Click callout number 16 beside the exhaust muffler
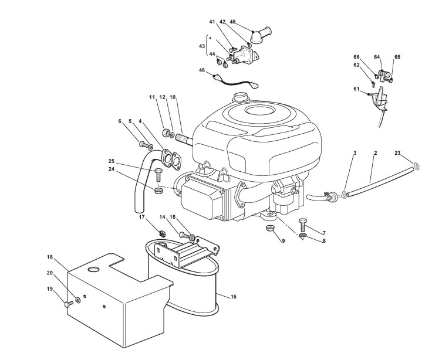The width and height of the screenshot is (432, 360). click(x=233, y=297)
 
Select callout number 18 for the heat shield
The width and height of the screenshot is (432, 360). click(x=50, y=257)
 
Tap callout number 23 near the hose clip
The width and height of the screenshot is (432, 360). click(x=397, y=153)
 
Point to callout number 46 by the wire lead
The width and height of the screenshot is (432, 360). click(x=203, y=70)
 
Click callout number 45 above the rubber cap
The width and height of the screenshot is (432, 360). click(x=233, y=22)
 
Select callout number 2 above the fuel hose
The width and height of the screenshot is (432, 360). click(x=375, y=153)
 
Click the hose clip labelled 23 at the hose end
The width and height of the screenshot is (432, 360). click(x=415, y=167)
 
